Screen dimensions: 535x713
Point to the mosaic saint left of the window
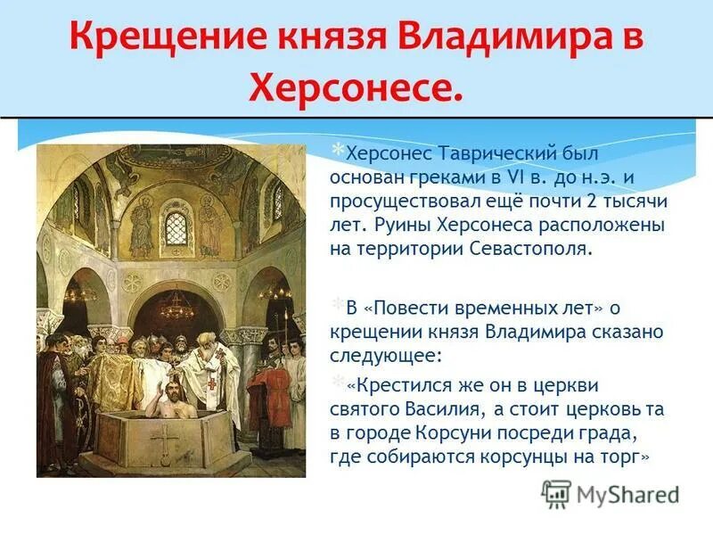click(x=141, y=223)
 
